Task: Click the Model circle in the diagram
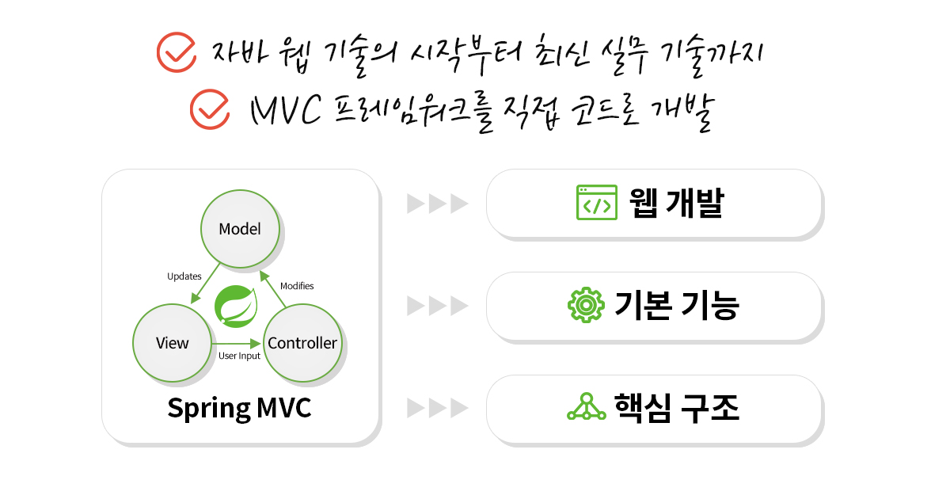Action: (x=240, y=229)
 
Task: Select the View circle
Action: (x=173, y=343)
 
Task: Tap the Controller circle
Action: (x=302, y=343)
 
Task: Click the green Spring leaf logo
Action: (x=236, y=307)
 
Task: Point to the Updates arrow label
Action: (x=184, y=276)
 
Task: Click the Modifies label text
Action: (x=297, y=286)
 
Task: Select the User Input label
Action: (x=239, y=356)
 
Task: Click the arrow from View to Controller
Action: (x=236, y=343)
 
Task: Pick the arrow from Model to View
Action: (x=205, y=284)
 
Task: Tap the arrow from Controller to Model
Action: (x=272, y=289)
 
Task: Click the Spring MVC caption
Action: (x=239, y=408)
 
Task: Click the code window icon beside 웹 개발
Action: (x=597, y=203)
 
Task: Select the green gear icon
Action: (x=586, y=305)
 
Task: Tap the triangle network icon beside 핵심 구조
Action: (x=587, y=407)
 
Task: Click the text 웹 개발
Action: (x=676, y=203)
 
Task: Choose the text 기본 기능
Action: (x=677, y=306)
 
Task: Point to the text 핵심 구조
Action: (x=677, y=408)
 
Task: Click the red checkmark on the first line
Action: (x=177, y=52)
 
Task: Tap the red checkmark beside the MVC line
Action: (x=210, y=109)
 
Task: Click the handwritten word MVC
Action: (x=286, y=110)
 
